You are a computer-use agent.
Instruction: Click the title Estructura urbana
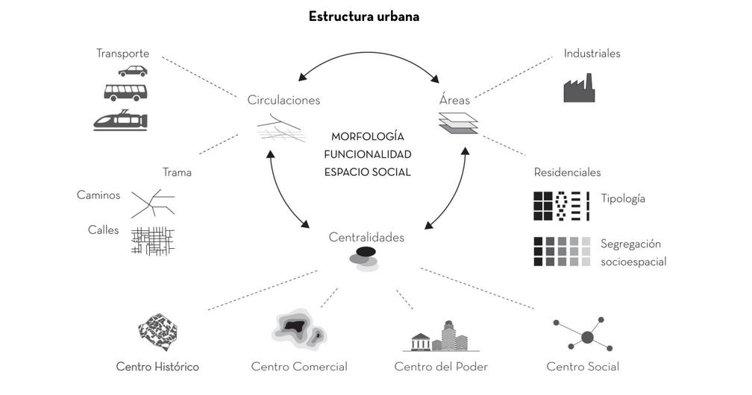click(364, 16)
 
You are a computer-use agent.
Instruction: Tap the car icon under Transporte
click(132, 71)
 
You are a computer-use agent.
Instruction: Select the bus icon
click(125, 92)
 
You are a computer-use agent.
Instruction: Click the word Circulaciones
click(283, 100)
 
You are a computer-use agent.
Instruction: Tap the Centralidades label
click(366, 238)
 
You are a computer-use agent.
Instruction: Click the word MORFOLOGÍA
click(368, 137)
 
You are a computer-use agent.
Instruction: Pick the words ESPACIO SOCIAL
click(368, 172)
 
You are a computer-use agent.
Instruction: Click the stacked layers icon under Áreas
click(457, 123)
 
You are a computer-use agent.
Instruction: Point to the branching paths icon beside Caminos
click(152, 202)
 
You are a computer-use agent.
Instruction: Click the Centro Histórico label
click(157, 367)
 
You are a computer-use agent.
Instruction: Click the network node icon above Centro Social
click(586, 336)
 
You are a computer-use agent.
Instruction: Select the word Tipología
click(623, 199)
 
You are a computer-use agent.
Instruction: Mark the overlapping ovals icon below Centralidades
click(364, 259)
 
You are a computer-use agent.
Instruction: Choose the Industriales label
click(592, 54)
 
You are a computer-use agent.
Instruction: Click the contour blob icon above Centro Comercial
click(299, 330)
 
